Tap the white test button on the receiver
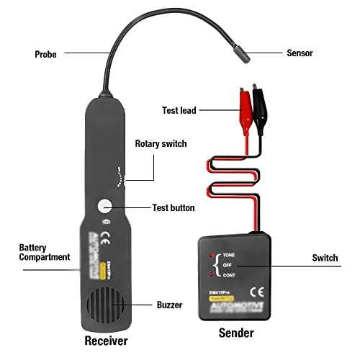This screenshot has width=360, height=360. (x=105, y=207)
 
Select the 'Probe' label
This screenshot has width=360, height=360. (x=48, y=54)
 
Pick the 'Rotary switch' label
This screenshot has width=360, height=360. (x=161, y=144)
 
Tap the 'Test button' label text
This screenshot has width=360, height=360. (x=173, y=207)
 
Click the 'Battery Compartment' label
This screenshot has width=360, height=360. (x=44, y=252)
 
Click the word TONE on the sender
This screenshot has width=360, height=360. (x=228, y=255)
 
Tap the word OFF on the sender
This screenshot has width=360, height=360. (x=227, y=265)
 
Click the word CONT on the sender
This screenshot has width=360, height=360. (x=228, y=274)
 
